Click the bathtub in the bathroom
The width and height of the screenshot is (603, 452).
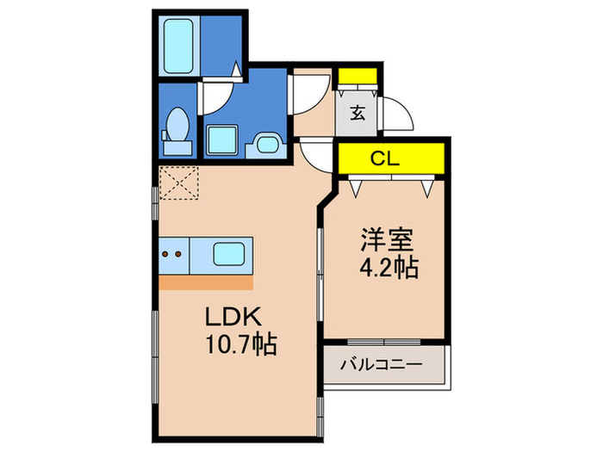click(x=178, y=46)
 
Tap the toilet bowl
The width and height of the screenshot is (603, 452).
click(x=177, y=123)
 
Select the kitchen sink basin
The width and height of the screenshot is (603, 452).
click(x=229, y=254)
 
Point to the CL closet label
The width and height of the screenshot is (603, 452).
click(x=384, y=158)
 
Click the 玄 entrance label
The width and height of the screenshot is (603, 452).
click(x=357, y=113)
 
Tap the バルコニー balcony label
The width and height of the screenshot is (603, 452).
click(x=381, y=364)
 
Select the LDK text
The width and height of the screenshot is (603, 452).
click(x=233, y=317)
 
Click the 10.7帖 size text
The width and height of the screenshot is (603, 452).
click(x=241, y=344)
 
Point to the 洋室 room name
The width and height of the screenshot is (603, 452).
click(x=387, y=240)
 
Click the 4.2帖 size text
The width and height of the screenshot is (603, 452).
click(x=389, y=268)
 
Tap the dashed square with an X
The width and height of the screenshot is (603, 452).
click(x=179, y=183)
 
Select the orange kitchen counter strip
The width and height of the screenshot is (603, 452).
click(x=206, y=282)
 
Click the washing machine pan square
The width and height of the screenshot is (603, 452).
click(x=221, y=139)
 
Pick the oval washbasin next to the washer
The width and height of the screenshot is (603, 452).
click(x=267, y=145)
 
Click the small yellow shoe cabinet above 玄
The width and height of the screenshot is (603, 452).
click(x=357, y=76)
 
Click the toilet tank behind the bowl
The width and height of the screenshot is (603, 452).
click(x=177, y=148)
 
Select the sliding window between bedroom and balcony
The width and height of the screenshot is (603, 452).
click(x=384, y=342)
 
